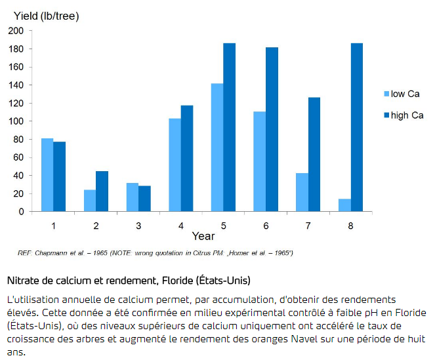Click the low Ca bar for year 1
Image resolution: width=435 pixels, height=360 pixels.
pos(47,175)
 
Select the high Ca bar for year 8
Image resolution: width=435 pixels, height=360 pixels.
pos(356,127)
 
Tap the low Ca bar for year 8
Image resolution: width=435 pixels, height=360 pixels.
pos(344,205)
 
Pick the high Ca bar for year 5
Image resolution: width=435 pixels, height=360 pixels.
pos(229,127)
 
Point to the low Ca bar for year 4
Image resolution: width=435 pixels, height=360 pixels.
pos(175,165)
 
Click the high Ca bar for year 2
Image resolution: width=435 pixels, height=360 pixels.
pos(102,191)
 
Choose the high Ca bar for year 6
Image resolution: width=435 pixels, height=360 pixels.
pos(272,129)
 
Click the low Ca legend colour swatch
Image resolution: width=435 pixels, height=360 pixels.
pos(386,94)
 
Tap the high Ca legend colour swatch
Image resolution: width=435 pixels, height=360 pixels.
pos(386,115)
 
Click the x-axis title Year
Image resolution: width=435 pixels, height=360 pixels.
pos(203,235)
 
